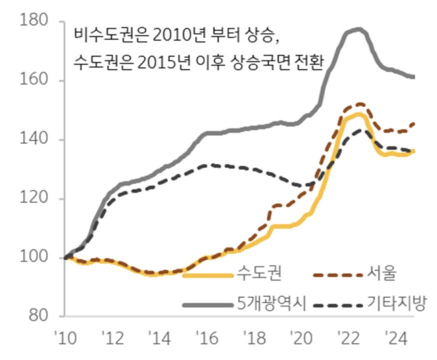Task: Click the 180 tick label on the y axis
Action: tap(33, 21)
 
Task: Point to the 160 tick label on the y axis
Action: tap(33, 80)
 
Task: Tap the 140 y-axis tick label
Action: tap(33, 139)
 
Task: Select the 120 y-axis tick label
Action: tap(33, 198)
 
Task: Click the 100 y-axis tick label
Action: tap(33, 257)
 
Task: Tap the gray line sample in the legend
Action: tap(207, 304)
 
